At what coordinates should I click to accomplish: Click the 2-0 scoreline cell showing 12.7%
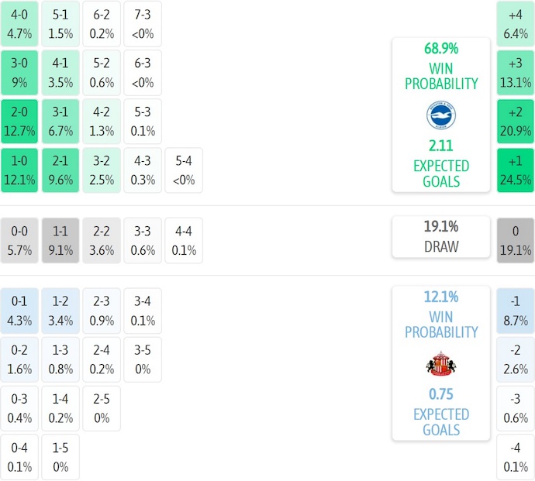click(x=19, y=122)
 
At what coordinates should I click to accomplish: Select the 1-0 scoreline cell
click(x=19, y=170)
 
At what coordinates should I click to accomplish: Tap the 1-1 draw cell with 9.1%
click(x=60, y=240)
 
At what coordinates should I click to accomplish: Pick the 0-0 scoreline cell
click(x=19, y=240)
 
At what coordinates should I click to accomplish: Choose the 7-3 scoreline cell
click(x=143, y=24)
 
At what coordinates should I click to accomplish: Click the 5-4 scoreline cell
click(x=184, y=170)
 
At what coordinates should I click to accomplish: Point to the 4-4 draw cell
click(x=184, y=240)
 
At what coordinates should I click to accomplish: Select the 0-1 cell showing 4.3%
click(x=19, y=310)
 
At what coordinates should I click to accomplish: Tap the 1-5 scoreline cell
click(x=60, y=457)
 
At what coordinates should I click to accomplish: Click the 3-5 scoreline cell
click(x=143, y=359)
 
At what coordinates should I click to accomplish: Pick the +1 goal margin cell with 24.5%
click(x=516, y=170)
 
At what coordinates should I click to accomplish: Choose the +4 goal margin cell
click(x=516, y=24)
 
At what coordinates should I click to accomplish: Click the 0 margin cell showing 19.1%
click(x=516, y=240)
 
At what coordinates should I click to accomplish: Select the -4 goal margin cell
click(x=516, y=457)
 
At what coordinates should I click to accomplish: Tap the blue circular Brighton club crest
click(x=441, y=116)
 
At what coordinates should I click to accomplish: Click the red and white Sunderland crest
click(x=441, y=364)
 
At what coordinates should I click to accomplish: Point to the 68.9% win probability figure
click(x=441, y=48)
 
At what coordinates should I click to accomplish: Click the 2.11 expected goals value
click(x=441, y=145)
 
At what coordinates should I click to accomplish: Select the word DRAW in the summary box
click(x=441, y=247)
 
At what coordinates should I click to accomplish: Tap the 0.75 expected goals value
click(x=441, y=393)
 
